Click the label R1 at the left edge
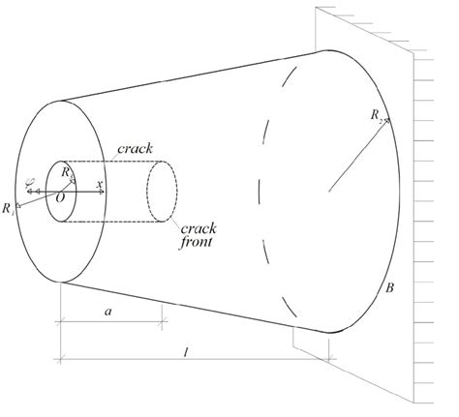[x=10, y=207]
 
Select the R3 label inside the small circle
[x=66, y=173]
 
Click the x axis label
[x=100, y=183]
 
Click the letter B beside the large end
[x=389, y=287]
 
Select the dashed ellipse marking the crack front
[x=160, y=191]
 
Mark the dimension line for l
[x=194, y=360]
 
